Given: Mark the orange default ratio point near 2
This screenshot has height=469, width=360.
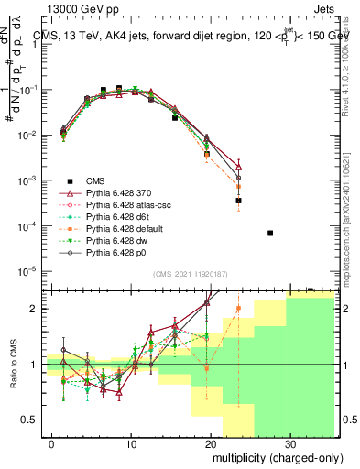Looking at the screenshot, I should pyautogui.click(x=238, y=309).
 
